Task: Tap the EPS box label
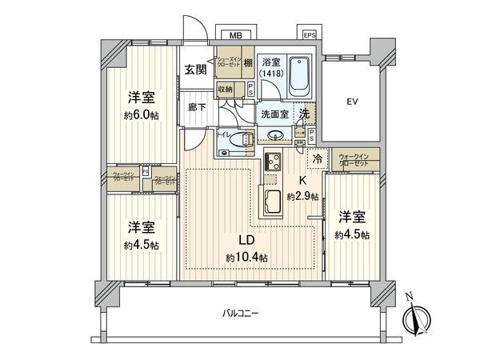309,36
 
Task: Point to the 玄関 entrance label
195,69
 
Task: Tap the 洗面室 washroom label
274,114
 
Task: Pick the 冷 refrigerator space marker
317,159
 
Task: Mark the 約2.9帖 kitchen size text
303,196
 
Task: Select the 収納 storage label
225,90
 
